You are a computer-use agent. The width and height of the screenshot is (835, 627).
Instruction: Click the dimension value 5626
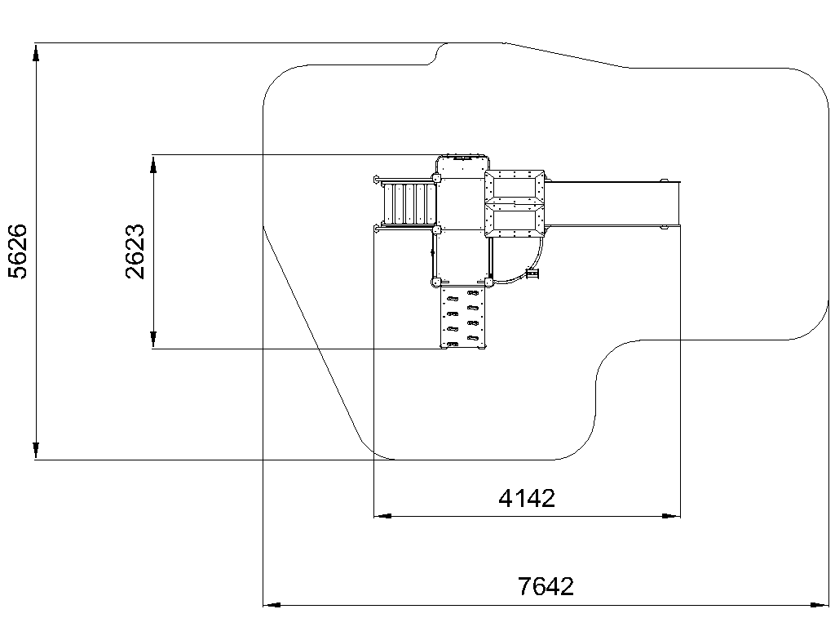tap(18, 251)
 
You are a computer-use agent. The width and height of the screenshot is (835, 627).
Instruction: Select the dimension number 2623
tap(135, 251)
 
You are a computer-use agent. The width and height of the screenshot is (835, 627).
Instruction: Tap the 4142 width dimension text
tap(527, 499)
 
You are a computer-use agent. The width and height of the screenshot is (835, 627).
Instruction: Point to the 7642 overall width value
tap(546, 586)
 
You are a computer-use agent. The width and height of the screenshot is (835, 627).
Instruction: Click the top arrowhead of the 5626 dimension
tap(36, 53)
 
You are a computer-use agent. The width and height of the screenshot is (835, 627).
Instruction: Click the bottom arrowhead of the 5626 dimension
tap(36, 450)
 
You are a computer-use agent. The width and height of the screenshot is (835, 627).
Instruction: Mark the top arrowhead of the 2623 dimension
tap(153, 165)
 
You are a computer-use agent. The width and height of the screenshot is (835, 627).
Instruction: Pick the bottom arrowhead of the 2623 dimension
tap(153, 339)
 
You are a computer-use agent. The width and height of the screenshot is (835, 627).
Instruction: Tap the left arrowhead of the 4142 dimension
tap(383, 516)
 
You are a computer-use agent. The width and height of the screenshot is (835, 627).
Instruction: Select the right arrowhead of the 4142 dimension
tap(671, 516)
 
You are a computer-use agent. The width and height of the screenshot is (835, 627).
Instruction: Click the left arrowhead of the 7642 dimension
tap(272, 605)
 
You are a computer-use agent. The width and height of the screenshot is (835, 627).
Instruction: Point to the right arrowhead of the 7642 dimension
tap(819, 605)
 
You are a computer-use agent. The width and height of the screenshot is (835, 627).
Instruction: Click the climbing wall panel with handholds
tap(463, 318)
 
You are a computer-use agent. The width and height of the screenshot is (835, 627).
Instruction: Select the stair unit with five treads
tap(409, 203)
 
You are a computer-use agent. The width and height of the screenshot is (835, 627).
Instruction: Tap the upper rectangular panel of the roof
tap(515, 187)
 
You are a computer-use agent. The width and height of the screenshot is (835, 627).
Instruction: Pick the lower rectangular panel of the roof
tap(515, 220)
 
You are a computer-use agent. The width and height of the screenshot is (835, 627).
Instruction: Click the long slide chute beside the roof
tap(612, 204)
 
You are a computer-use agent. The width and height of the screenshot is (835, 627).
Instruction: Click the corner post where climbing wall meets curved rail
tap(488, 282)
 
